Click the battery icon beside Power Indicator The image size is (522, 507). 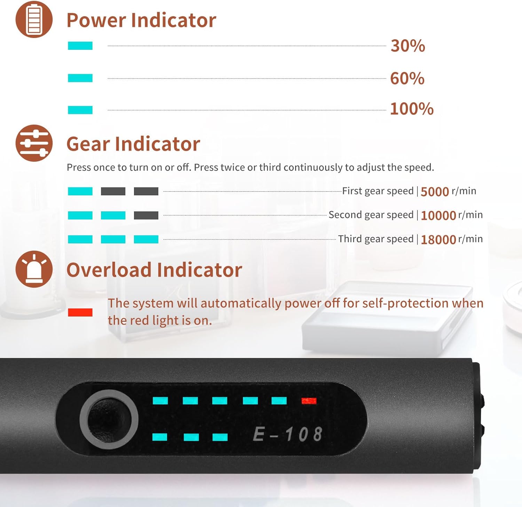[x=34, y=19]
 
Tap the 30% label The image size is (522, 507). [x=408, y=46]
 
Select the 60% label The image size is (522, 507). [x=407, y=78]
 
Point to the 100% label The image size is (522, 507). [x=412, y=109]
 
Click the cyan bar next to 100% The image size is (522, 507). [x=80, y=110]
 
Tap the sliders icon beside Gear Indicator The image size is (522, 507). [x=34, y=143]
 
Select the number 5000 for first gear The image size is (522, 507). [x=435, y=192]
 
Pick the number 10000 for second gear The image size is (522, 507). [x=438, y=216]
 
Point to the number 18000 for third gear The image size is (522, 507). [x=438, y=240]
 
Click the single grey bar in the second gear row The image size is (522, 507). [x=146, y=216]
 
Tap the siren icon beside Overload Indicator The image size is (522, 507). [x=34, y=269]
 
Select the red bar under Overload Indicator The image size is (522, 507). [x=80, y=312]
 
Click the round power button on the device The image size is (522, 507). [x=109, y=419]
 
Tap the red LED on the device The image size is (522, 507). [x=309, y=401]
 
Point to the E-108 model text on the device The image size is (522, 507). [x=287, y=434]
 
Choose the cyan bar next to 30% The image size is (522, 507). [x=80, y=46]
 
